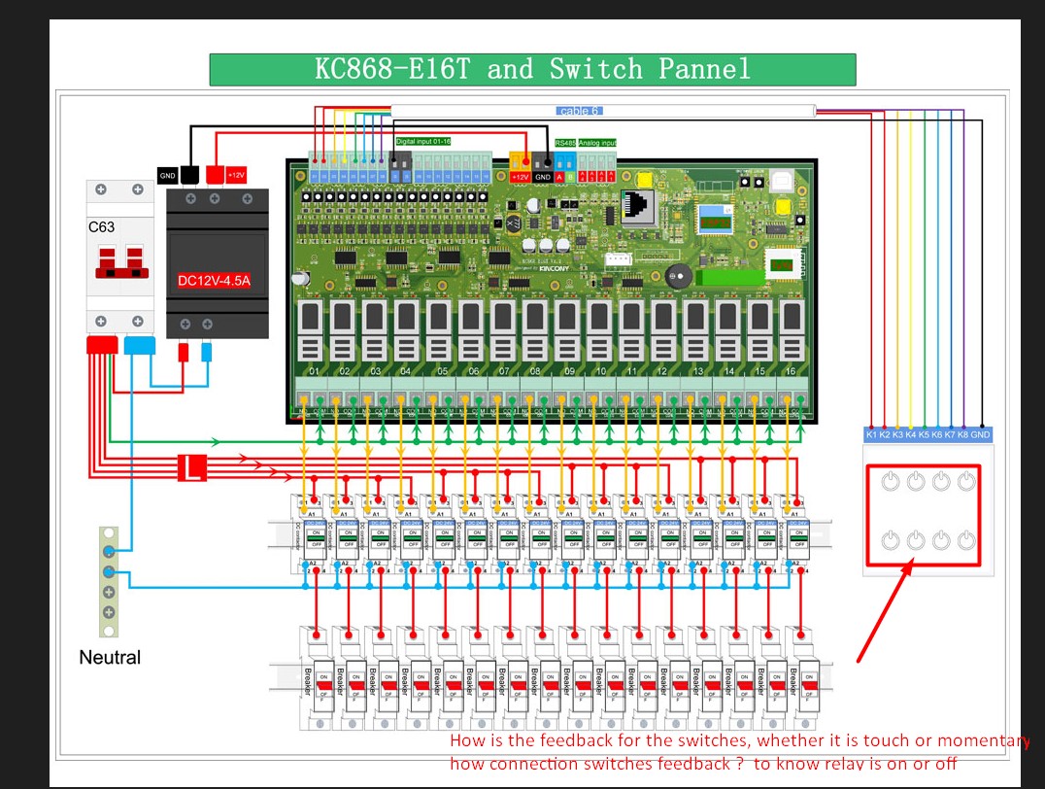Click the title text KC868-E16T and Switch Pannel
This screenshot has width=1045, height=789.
click(x=532, y=69)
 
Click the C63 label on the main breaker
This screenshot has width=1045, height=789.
click(x=102, y=227)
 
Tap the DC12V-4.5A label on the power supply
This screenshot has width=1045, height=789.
click(x=214, y=281)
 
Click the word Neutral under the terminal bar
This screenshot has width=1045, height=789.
click(x=110, y=658)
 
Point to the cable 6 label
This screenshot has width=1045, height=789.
click(x=580, y=111)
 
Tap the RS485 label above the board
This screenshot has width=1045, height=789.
click(x=565, y=143)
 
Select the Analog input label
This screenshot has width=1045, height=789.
click(x=597, y=143)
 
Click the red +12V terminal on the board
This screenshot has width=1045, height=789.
click(x=520, y=177)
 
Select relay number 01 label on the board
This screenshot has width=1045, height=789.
click(x=314, y=372)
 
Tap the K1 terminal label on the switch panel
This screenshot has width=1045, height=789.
click(x=872, y=434)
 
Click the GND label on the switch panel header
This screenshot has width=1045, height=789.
click(x=981, y=434)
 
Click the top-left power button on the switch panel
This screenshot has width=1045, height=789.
click(x=891, y=480)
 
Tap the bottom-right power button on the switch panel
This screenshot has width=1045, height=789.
click(x=965, y=539)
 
